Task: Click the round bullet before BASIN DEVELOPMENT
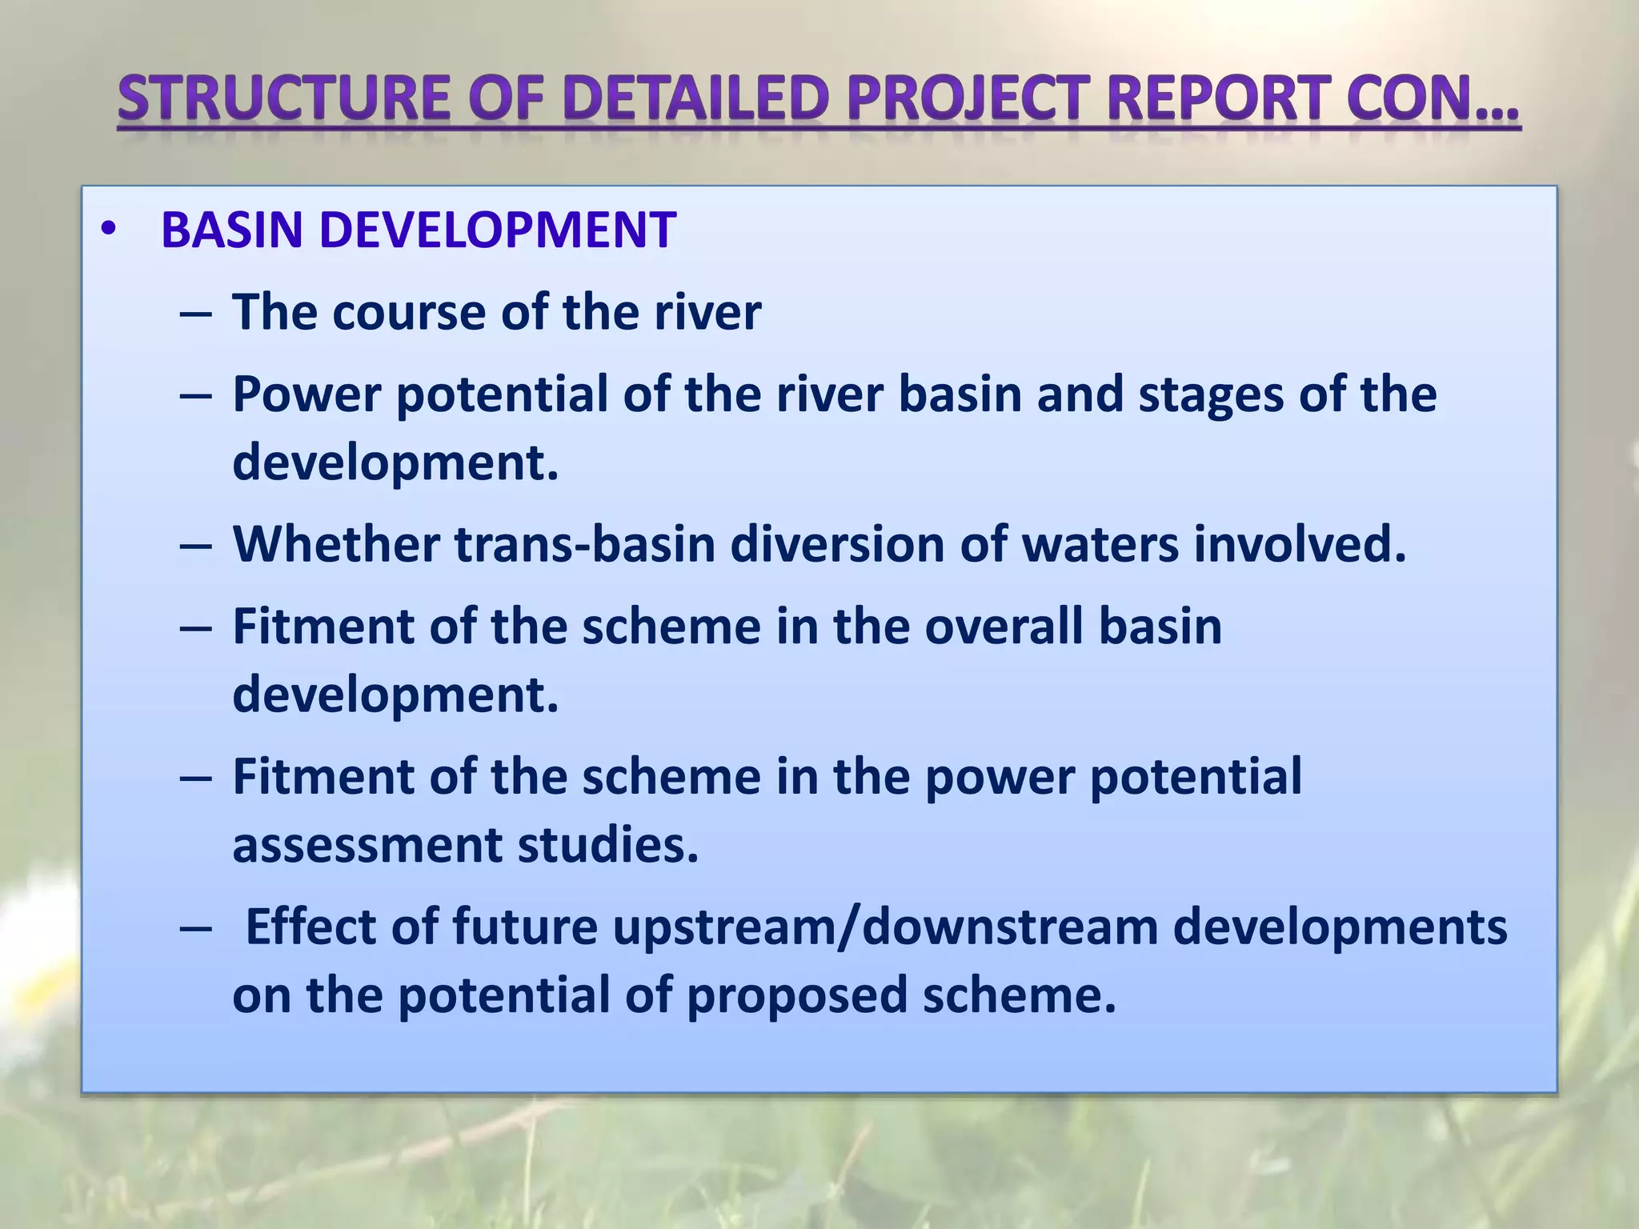[109, 230]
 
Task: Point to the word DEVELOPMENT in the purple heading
[497, 230]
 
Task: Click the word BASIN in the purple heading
[231, 230]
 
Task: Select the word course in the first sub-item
[408, 312]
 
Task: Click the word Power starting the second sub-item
[306, 394]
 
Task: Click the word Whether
[336, 544]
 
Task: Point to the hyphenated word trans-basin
[585, 544]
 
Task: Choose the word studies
[608, 846]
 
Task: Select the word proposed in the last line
[796, 996]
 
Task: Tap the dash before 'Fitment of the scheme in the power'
[196, 779]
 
